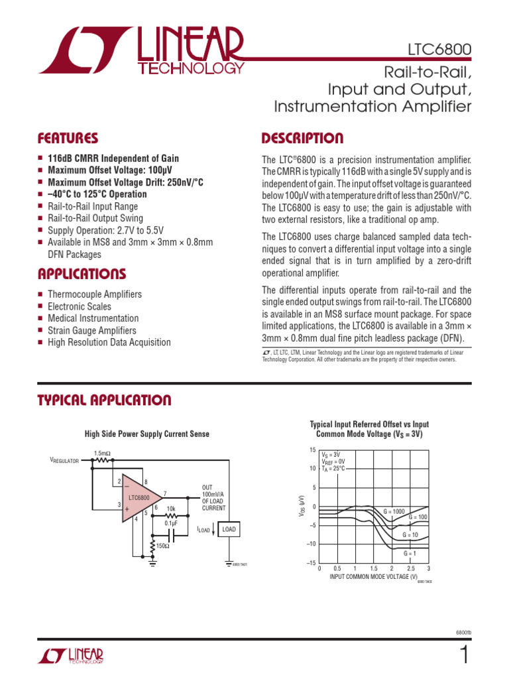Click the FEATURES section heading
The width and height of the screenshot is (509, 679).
68,139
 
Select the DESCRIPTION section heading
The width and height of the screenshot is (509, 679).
303,139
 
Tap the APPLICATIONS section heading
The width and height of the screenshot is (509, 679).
82,274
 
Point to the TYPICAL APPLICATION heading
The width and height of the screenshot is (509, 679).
104,400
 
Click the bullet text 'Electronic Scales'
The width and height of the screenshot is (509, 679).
80,306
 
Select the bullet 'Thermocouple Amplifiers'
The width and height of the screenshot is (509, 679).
94,294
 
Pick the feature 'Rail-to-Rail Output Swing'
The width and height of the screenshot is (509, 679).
95,218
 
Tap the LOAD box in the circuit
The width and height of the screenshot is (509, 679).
229,529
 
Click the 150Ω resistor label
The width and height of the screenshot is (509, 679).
163,546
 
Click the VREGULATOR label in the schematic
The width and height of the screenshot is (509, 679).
65,460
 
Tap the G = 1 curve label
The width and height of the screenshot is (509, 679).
411,552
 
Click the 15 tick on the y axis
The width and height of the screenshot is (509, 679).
312,450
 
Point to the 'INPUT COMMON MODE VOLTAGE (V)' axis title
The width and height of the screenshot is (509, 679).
373,577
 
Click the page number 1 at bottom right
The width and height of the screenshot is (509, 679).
465,656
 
